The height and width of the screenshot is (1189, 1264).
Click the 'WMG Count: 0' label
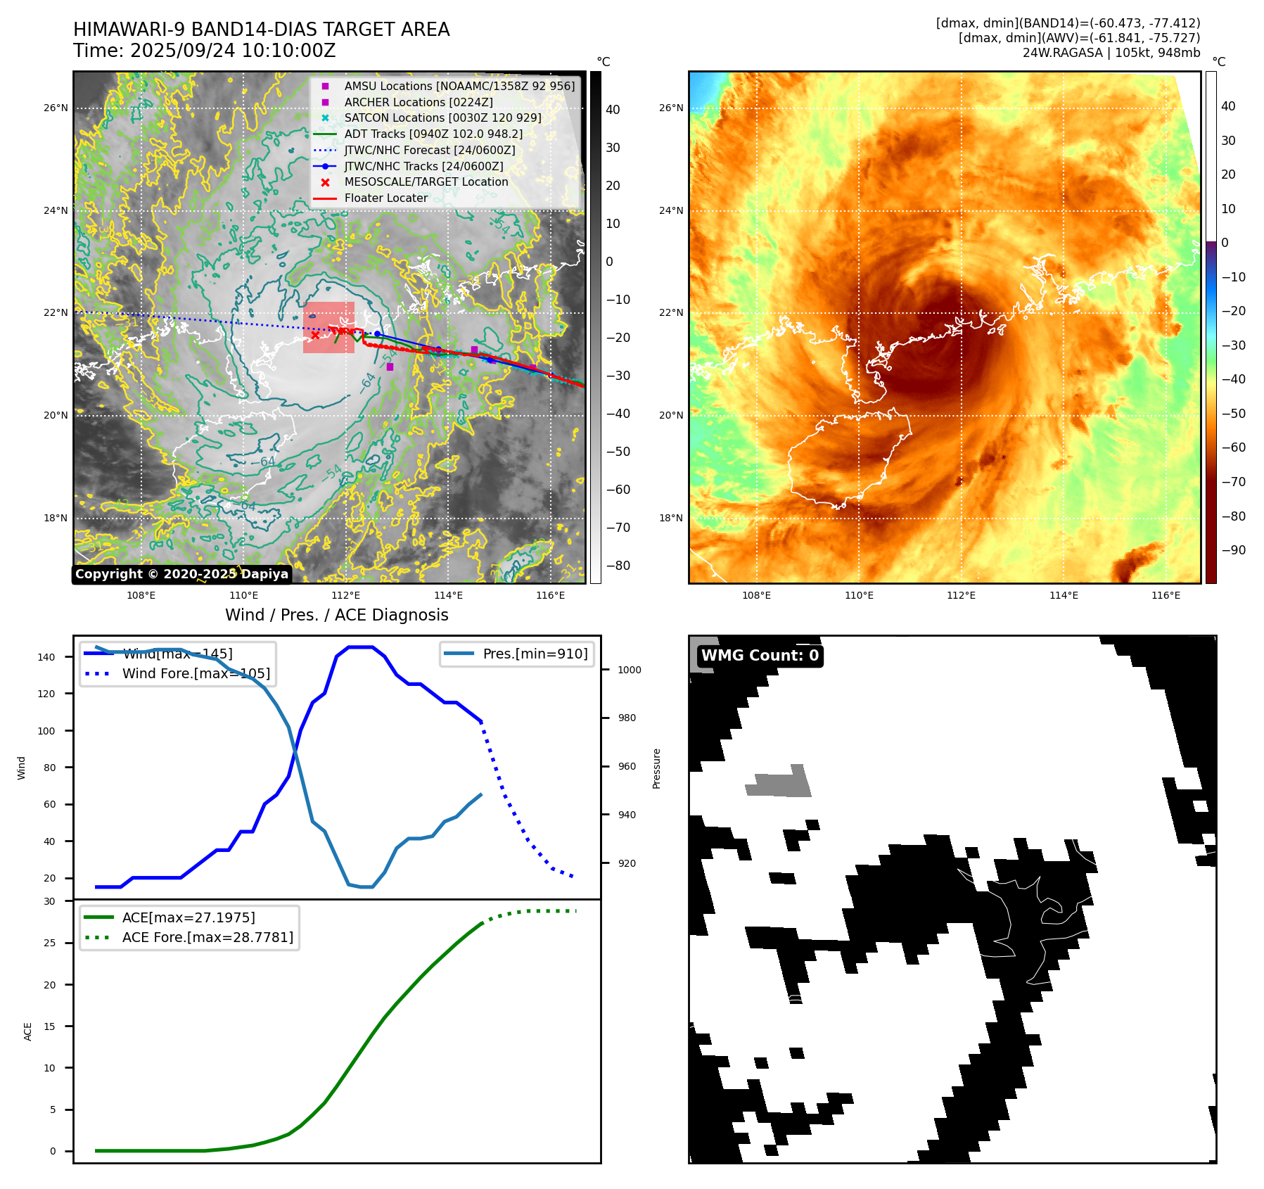(x=760, y=656)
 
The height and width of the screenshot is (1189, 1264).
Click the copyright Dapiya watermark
(x=181, y=574)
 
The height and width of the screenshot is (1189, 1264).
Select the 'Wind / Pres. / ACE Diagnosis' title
(x=336, y=615)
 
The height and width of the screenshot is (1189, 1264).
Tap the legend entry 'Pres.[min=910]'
(x=535, y=654)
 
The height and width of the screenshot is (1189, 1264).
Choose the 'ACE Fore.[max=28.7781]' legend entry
(x=207, y=937)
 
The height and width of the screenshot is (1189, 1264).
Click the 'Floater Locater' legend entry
(x=385, y=198)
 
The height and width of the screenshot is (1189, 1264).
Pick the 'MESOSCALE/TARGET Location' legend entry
(x=426, y=182)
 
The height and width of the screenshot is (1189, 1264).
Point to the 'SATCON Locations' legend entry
(x=442, y=118)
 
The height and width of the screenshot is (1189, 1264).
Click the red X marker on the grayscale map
(x=315, y=335)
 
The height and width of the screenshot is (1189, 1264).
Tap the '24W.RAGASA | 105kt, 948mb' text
(x=1111, y=53)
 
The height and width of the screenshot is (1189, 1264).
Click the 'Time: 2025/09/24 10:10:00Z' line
(x=204, y=51)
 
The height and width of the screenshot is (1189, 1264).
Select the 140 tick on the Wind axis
(x=46, y=657)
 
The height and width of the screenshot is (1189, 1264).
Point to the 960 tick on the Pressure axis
(x=627, y=767)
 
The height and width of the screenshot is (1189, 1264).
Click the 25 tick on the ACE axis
(x=50, y=943)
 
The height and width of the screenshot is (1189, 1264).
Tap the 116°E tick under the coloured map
(x=1166, y=596)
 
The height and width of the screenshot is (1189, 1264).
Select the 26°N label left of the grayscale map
(x=56, y=108)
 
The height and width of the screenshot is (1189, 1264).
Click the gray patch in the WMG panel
(x=779, y=782)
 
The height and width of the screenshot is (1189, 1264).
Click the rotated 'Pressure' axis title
(x=657, y=768)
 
